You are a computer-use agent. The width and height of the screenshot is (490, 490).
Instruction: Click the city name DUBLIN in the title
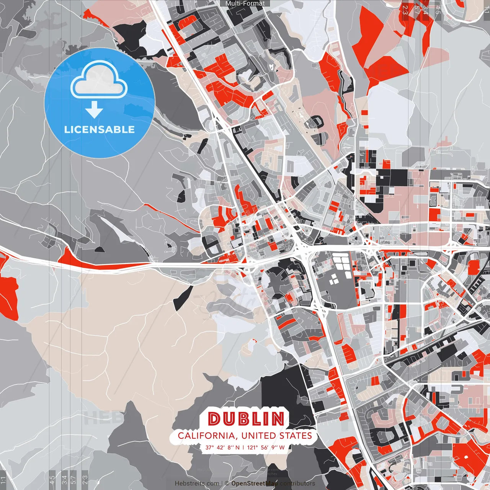click(247, 419)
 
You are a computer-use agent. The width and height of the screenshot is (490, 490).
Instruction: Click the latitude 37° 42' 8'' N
click(222, 447)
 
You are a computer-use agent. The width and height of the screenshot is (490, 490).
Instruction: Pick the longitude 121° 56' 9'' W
click(266, 447)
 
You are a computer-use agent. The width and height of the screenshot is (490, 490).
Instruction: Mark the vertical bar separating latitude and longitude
click(243, 447)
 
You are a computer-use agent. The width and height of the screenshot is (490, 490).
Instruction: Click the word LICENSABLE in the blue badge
click(100, 129)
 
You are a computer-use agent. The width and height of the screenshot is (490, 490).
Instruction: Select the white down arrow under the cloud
click(94, 110)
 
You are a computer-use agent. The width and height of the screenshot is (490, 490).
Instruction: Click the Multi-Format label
click(245, 3)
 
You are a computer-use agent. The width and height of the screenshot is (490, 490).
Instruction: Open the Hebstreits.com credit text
click(197, 483)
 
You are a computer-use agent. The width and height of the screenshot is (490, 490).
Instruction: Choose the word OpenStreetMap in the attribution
click(255, 483)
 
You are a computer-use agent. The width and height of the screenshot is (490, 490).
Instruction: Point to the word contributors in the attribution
click(297, 483)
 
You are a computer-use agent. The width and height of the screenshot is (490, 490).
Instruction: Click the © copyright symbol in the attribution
click(227, 483)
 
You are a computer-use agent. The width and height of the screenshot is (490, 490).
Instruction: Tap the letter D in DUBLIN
click(215, 419)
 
